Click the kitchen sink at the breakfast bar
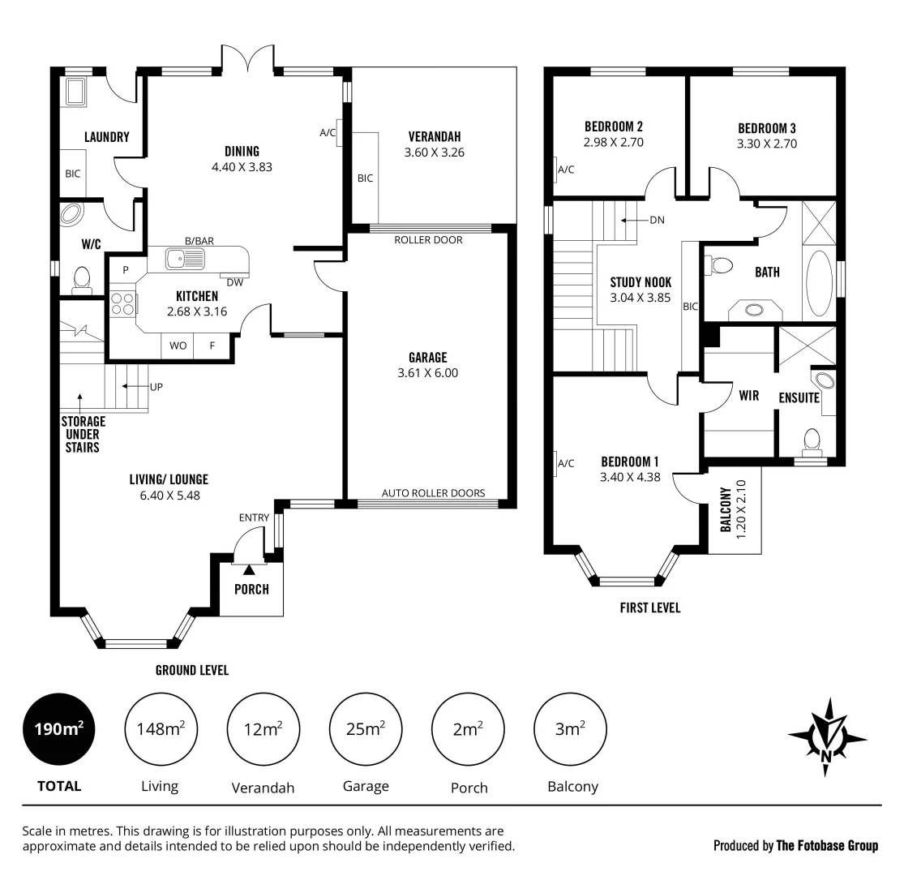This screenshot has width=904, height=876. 184,259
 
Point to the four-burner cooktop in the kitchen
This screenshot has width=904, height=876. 123,303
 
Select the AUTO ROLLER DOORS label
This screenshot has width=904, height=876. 433,493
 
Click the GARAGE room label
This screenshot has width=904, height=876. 428,358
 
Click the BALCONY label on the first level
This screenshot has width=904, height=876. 726,509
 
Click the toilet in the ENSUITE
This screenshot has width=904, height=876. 811,440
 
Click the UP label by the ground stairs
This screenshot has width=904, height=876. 156,387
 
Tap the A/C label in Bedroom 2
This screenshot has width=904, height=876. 566,170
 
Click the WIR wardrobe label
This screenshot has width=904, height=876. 748,396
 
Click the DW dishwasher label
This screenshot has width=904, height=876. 235,282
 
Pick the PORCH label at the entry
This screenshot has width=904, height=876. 251,590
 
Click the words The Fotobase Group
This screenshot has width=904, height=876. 826,846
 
